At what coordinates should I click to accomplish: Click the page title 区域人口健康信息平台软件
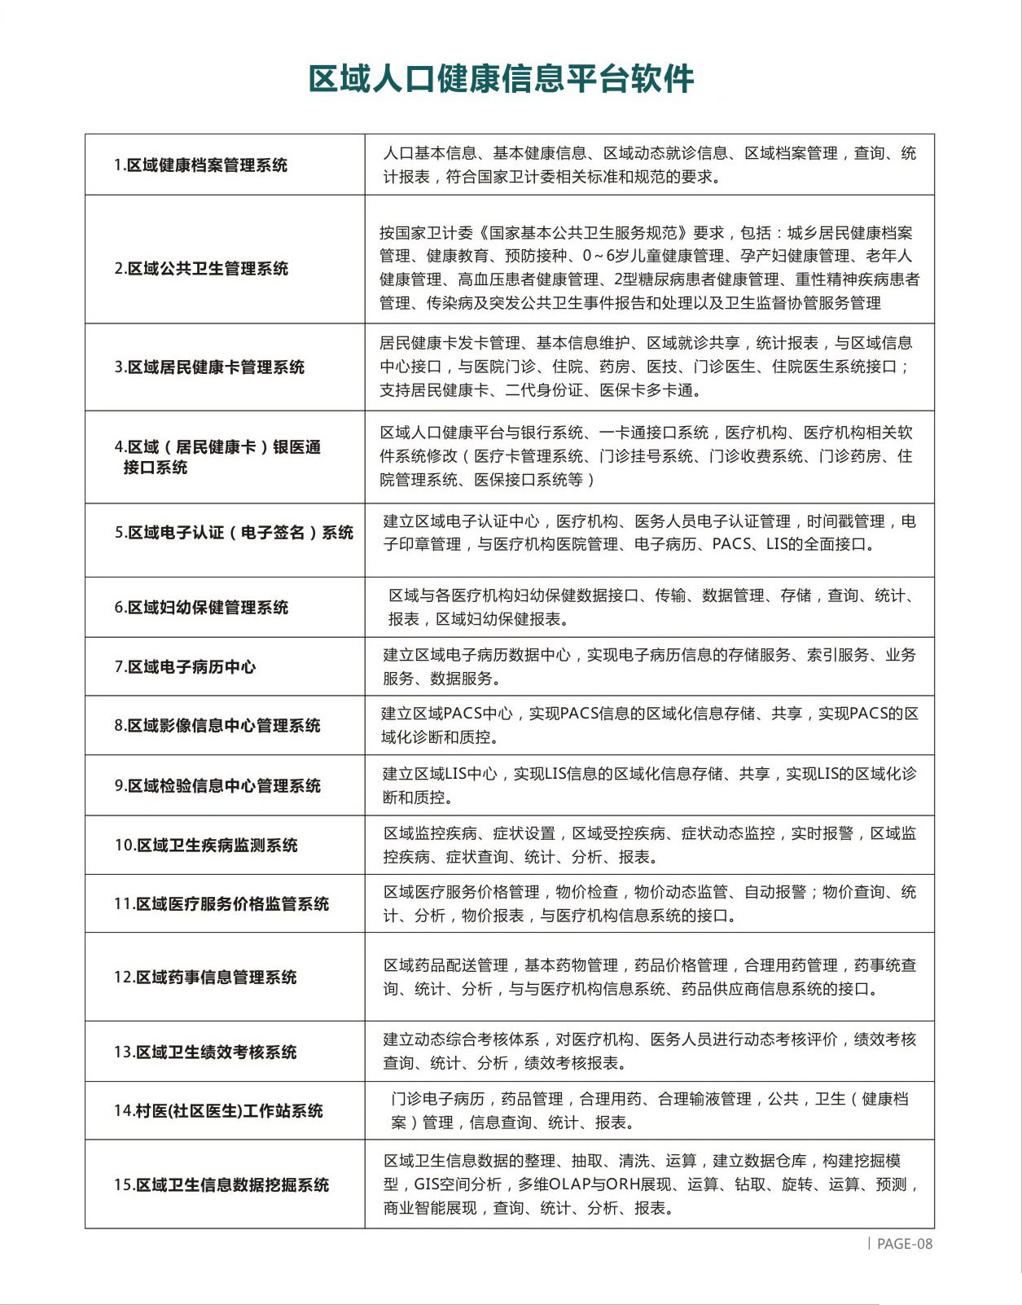point(501,79)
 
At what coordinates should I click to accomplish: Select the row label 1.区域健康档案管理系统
point(200,165)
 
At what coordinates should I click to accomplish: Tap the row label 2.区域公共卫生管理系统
point(201,269)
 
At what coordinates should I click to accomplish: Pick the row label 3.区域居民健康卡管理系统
point(209,367)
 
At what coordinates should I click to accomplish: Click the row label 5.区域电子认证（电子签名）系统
point(234,533)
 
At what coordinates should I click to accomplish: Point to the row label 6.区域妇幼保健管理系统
point(201,608)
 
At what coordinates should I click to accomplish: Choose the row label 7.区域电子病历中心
point(185,667)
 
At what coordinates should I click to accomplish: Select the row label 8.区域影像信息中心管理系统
point(217,726)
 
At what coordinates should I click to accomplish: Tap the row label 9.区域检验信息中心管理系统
point(217,786)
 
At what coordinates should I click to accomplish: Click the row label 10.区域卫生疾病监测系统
point(206,846)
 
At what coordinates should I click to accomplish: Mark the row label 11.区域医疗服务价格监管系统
point(222,904)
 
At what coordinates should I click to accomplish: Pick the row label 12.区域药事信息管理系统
point(205,978)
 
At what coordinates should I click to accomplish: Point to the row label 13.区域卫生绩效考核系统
point(205,1052)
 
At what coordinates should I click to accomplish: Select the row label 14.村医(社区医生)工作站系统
point(218,1111)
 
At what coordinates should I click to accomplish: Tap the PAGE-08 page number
point(904,1244)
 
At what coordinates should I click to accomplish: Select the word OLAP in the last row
point(559,1184)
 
